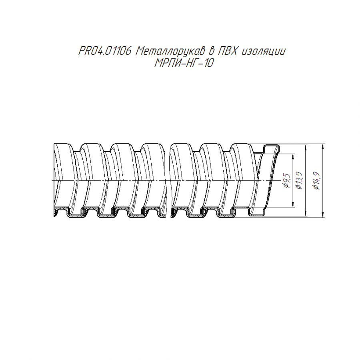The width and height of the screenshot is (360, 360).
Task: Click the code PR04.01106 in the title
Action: (105, 51)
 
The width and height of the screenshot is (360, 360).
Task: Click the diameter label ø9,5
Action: (287, 181)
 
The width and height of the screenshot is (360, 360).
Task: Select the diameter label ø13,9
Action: (299, 180)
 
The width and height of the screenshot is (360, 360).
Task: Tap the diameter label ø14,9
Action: (317, 180)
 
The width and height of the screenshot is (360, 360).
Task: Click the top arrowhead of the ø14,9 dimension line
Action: (323, 146)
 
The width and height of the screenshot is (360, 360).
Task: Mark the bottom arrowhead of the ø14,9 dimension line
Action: (323, 214)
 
